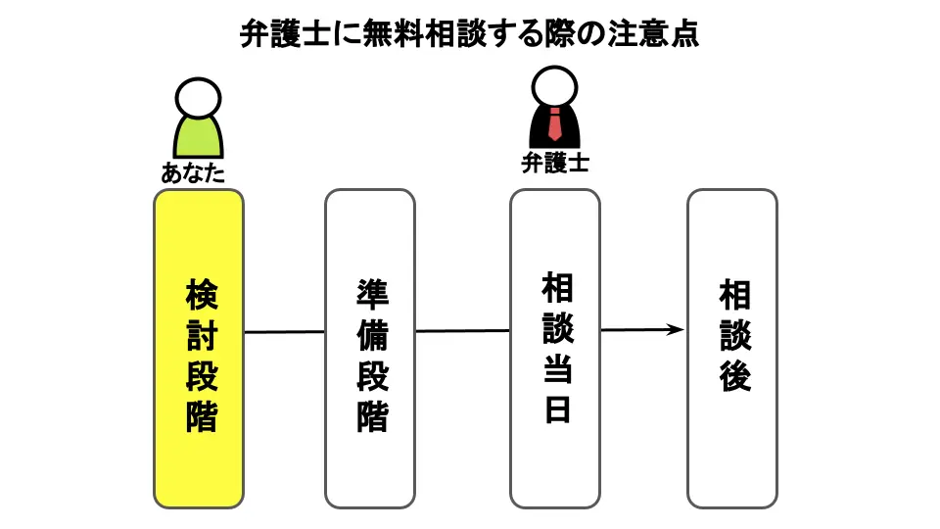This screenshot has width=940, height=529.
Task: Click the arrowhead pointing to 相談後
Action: tap(675, 330)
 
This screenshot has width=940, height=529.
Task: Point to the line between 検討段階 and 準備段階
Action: tap(284, 332)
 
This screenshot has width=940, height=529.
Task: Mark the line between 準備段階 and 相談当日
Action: tap(462, 331)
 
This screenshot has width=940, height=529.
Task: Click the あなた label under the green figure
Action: tap(194, 175)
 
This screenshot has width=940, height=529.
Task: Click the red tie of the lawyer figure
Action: tap(554, 125)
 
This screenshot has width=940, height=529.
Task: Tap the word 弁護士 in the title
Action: tap(277, 35)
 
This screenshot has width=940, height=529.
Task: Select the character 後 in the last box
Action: tap(734, 375)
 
